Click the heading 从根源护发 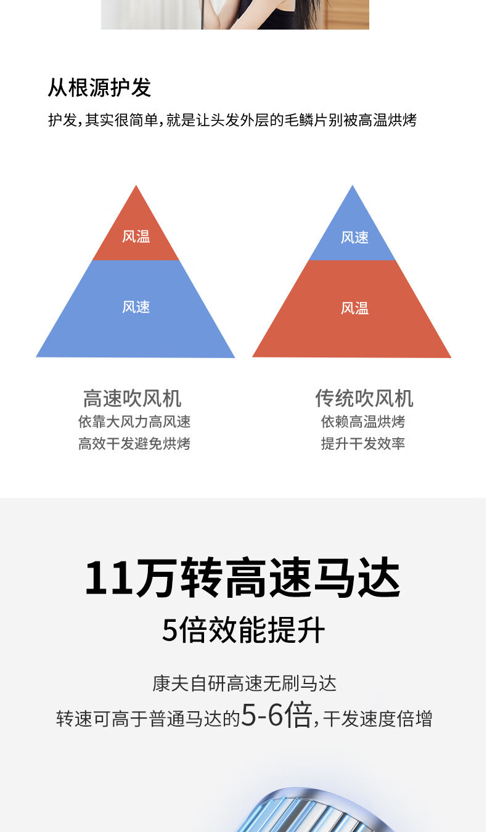[x=99, y=88]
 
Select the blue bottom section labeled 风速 [x=136, y=308]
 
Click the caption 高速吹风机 [x=132, y=398]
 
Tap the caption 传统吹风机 [x=364, y=398]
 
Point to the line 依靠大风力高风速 [x=134, y=422]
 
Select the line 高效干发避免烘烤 [x=134, y=444]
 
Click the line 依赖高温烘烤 [x=363, y=422]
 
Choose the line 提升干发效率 [x=363, y=444]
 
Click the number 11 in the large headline [x=108, y=578]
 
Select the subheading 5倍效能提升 [x=243, y=630]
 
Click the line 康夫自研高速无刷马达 [x=244, y=683]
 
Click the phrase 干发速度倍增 [x=378, y=719]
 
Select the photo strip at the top [x=235, y=14]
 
